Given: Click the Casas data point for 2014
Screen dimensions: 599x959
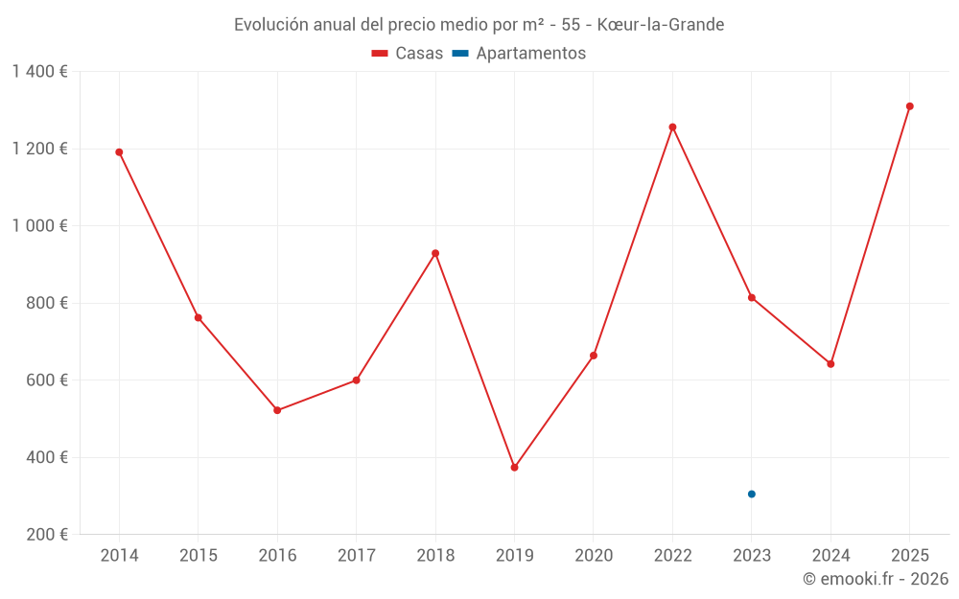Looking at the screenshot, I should click(119, 152).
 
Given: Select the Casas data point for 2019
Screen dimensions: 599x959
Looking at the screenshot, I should click(514, 468).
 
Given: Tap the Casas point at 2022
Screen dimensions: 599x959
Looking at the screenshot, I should click(672, 127).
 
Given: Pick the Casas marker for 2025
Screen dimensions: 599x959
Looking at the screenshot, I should click(910, 106).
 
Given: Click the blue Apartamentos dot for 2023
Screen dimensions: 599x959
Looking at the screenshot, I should click(752, 495).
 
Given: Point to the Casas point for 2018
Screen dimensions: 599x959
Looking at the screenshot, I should click(435, 253).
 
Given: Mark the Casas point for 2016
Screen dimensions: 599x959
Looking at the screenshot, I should click(277, 410).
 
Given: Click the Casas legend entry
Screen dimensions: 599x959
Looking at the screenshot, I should click(408, 54).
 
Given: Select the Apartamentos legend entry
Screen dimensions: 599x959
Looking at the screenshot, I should click(518, 54).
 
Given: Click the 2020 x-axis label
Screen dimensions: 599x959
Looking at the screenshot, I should click(594, 556).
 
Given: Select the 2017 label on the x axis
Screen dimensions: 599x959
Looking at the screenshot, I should click(356, 556).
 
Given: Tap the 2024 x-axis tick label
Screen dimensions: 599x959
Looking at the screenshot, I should click(830, 556).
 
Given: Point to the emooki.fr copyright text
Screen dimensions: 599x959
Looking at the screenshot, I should click(876, 579).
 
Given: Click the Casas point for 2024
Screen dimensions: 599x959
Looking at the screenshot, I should click(830, 364).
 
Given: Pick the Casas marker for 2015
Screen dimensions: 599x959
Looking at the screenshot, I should click(199, 317).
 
